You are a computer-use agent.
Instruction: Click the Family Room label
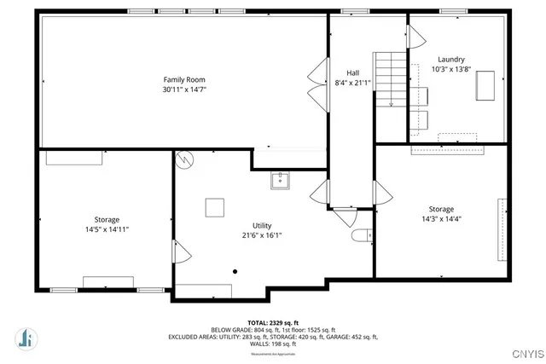point(184,79)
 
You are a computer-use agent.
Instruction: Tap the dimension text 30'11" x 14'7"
point(184,90)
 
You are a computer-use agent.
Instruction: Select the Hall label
point(352,72)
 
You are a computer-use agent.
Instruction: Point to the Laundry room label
point(451,59)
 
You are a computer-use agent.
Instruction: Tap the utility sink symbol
point(281,180)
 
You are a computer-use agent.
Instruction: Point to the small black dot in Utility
point(235,272)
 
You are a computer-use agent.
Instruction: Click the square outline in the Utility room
point(214,206)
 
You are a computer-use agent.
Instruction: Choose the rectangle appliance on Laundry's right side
point(486,84)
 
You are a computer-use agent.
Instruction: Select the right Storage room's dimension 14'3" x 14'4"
point(441,219)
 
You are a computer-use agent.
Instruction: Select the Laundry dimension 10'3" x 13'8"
point(451,69)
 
